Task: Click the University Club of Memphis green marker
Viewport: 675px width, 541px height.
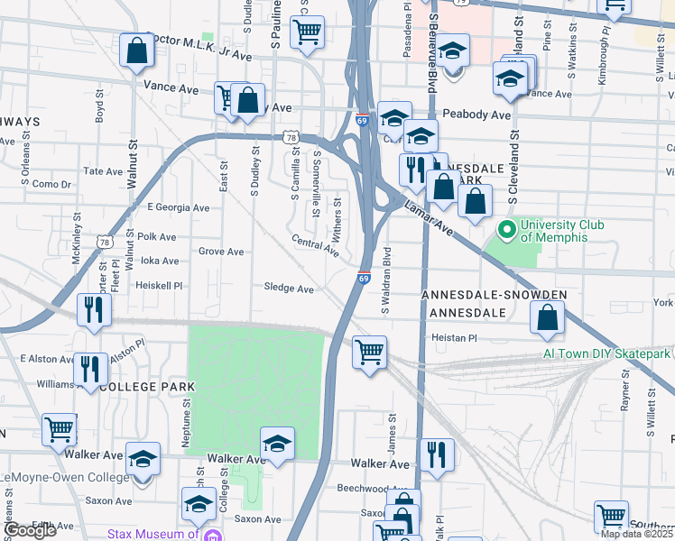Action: point(507,231)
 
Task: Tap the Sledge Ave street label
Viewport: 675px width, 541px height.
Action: point(289,289)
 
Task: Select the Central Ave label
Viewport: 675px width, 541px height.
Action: point(314,245)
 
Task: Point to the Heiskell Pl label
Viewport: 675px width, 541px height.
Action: point(159,285)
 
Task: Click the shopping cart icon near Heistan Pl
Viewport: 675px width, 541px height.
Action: point(368,351)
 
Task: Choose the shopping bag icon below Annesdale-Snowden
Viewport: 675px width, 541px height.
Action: point(547,316)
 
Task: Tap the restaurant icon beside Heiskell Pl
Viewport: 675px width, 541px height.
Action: point(95,310)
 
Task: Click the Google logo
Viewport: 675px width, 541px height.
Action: point(32,530)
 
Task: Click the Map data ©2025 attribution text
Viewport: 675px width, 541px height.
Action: point(637,534)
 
